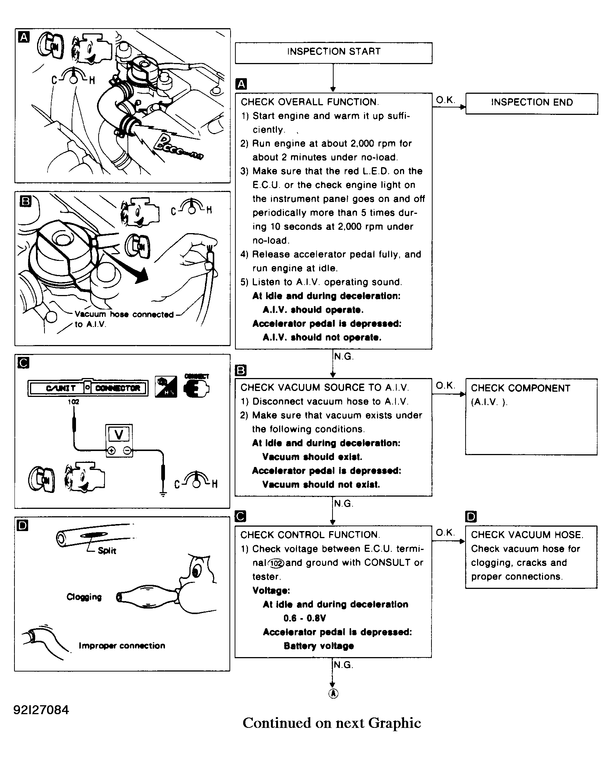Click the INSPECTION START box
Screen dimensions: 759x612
(334, 52)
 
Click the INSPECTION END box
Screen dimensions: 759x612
(531, 103)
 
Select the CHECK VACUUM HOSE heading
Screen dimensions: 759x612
(527, 535)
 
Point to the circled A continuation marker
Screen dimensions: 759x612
(333, 694)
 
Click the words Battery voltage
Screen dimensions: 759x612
(318, 646)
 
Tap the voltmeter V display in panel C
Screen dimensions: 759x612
(119, 434)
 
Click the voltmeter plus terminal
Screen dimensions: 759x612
(111, 451)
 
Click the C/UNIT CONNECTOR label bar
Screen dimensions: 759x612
(88, 388)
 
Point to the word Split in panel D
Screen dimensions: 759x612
(107, 551)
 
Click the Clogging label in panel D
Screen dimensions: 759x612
(84, 597)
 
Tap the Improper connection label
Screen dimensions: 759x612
(122, 646)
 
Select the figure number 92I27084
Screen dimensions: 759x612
(41, 709)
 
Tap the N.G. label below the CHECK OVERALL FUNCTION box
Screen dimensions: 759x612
(344, 357)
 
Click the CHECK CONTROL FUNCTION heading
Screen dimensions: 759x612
(310, 535)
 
